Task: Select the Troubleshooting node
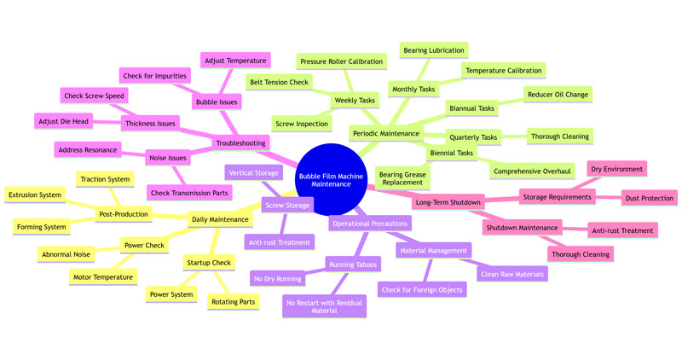pyautogui.click(x=242, y=142)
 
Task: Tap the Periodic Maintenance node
pyautogui.click(x=385, y=134)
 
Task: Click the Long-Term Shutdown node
pyautogui.click(x=448, y=202)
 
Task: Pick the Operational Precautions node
pyautogui.click(x=369, y=223)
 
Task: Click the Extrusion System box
pyautogui.click(x=34, y=195)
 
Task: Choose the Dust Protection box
pyautogui.click(x=650, y=198)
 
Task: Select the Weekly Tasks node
pyautogui.click(x=355, y=101)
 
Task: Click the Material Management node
pyautogui.click(x=434, y=251)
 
